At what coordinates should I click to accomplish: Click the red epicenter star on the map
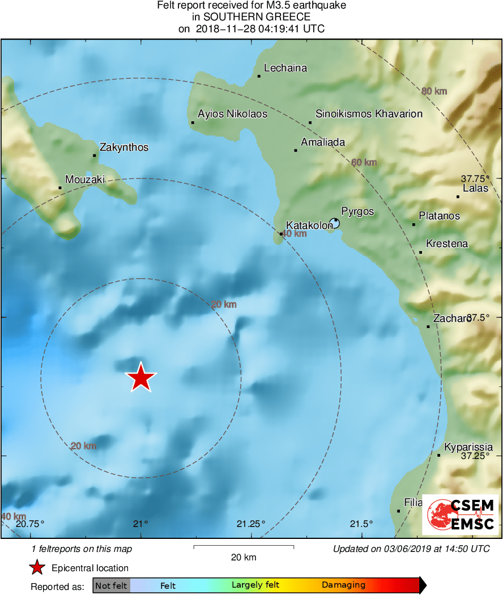point(140,378)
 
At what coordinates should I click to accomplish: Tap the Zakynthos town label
point(123,147)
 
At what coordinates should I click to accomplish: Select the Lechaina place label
point(285,68)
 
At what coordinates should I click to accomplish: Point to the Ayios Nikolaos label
point(232,114)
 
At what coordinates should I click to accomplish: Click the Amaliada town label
point(323,142)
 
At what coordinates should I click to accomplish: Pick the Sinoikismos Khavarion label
point(369,114)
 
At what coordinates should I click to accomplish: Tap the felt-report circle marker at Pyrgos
point(335,223)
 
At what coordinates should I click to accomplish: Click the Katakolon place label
point(309,226)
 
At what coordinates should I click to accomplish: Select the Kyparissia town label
point(468,447)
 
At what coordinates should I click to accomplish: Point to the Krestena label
point(447,244)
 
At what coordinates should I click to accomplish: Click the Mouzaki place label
point(85,180)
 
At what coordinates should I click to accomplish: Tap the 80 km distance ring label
point(434,91)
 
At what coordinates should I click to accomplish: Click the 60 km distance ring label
point(364,163)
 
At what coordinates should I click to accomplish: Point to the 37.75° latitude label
point(474,178)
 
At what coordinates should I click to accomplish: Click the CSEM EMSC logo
point(461,514)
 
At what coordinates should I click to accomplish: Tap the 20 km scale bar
point(244,547)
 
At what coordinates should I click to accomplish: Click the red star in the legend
point(37,568)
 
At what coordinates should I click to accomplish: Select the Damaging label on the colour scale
point(344,585)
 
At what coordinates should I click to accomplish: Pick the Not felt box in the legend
point(112,585)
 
